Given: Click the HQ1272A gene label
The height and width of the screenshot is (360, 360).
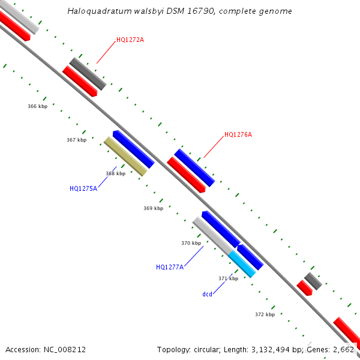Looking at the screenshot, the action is coord(130,40).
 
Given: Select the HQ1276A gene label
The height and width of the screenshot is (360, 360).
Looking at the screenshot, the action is coord(238,134).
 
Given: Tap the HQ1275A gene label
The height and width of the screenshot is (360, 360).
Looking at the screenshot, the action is coord(83,188).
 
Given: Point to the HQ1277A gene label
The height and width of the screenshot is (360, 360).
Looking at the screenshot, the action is coord(169,267).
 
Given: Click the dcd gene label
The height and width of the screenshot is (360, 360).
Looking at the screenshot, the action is coord(207,294).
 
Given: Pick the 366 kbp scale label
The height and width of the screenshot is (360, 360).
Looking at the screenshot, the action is coord(37,106).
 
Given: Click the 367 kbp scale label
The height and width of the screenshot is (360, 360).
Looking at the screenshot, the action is coord(76,140).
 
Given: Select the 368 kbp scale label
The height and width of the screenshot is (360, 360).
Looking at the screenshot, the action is coord(115,173).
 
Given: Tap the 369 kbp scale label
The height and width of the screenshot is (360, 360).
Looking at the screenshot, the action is coord(153,208).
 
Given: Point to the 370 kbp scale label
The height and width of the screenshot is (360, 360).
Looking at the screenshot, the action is coord(191,243).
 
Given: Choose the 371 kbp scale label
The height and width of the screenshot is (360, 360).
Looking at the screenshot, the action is coord(228,278).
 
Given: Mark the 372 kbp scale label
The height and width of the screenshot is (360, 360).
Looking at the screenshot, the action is coord(265,314).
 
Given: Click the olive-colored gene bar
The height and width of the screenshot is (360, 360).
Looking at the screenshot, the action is coord(125,157).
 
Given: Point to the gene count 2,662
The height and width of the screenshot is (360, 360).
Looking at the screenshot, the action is coord(344,349).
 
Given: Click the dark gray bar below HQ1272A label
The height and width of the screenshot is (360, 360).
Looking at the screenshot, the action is coord(88,74).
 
